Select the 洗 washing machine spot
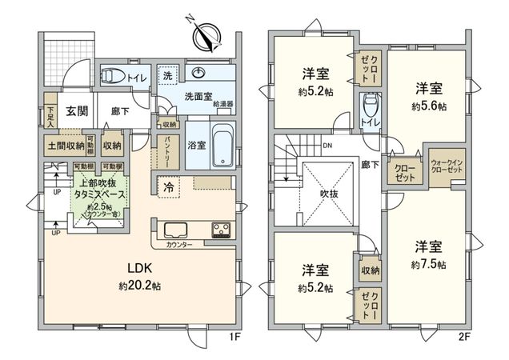click(168, 75)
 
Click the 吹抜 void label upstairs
click(321, 193)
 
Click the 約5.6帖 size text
click(427, 105)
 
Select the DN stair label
click(327, 146)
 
